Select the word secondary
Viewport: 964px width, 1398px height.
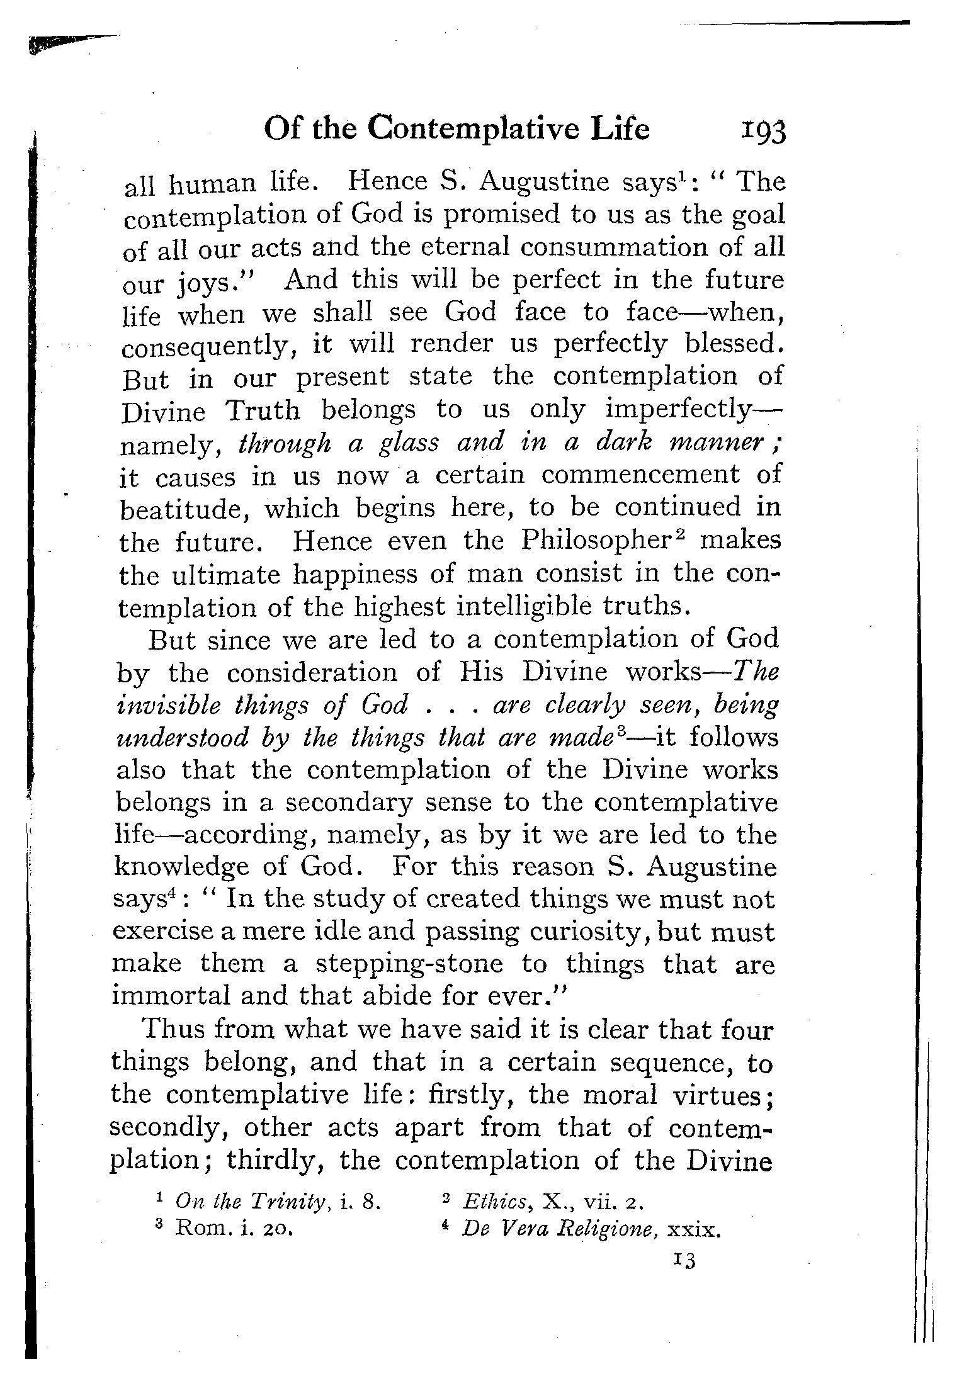click(344, 804)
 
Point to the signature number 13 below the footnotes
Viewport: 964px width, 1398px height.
click(683, 1260)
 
